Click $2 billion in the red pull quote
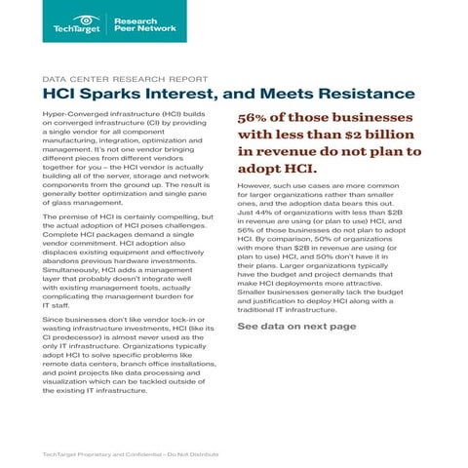pyautogui.click(x=359, y=136)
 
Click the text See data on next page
pyautogui.click(x=296, y=326)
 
